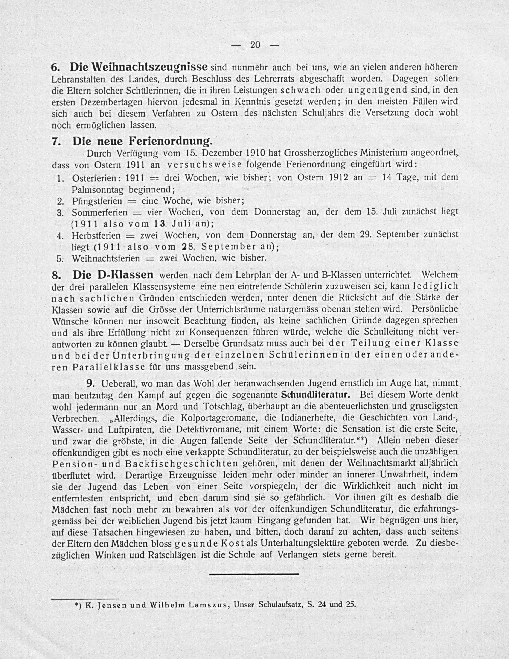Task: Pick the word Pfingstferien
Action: click(97, 201)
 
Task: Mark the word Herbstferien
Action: click(96, 235)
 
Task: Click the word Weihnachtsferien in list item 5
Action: click(106, 259)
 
